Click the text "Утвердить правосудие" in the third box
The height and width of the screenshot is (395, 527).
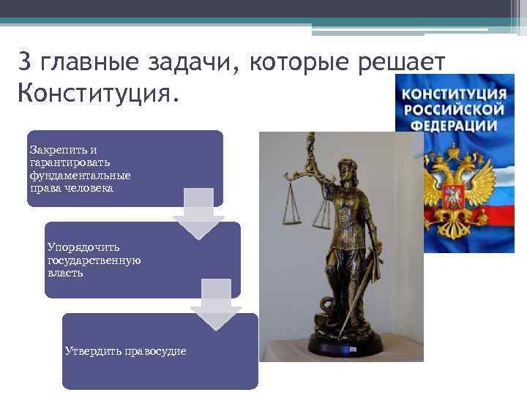coord(125,351)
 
